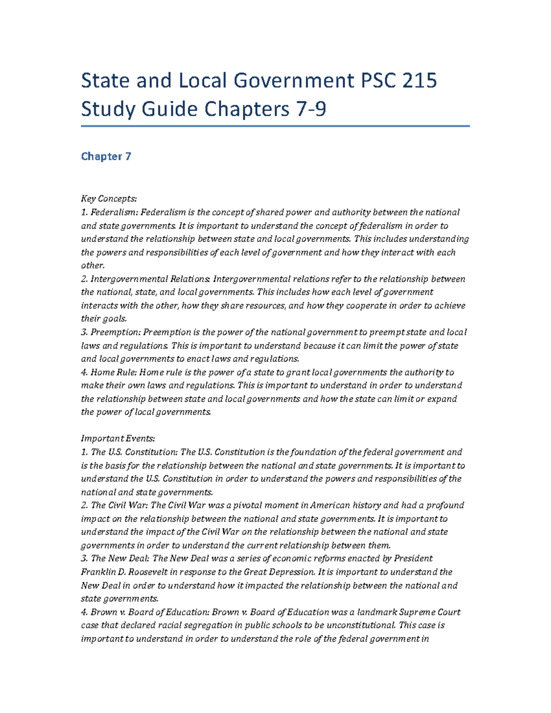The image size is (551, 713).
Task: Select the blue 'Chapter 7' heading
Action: [106, 157]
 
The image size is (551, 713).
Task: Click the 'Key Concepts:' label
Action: [109, 199]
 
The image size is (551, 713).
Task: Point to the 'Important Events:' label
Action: [118, 438]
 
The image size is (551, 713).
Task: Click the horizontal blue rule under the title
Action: [275, 126]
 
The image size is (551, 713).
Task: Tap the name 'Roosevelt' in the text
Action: [148, 572]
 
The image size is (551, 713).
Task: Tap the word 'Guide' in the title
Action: [170, 109]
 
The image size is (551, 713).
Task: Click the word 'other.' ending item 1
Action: [93, 265]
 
